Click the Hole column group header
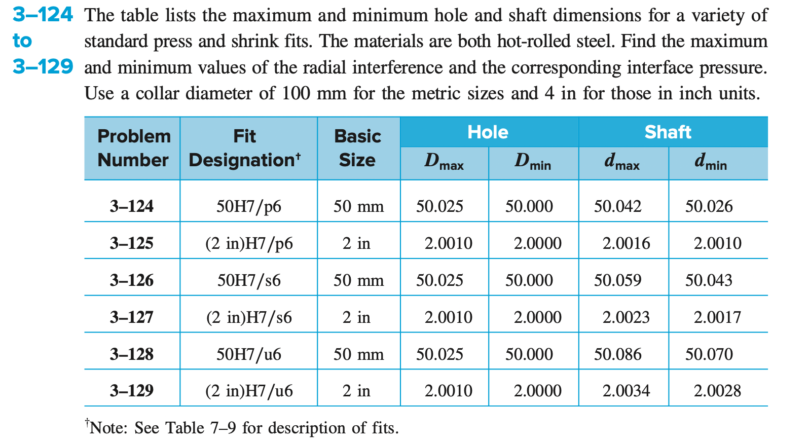tap(488, 132)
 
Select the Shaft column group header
tap(668, 132)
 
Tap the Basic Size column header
tap(357, 148)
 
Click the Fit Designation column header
tap(245, 148)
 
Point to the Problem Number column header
tap(134, 148)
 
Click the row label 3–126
tap(132, 280)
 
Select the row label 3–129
tap(132, 391)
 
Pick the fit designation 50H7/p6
tap(248, 206)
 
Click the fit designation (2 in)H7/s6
tap(249, 317)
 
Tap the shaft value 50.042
tap(617, 206)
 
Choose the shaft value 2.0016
tap(626, 243)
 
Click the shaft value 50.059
tap(617, 280)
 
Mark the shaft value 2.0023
tap(626, 317)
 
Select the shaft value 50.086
tap(617, 354)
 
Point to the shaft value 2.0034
tap(626, 391)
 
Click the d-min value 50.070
tap(709, 354)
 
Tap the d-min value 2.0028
tap(717, 391)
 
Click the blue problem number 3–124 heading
tap(43, 15)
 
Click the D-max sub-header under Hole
tap(444, 162)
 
